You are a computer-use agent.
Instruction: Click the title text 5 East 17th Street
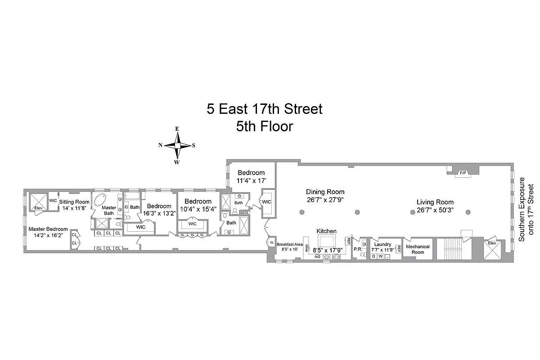click(265, 109)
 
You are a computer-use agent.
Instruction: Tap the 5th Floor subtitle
click(265, 126)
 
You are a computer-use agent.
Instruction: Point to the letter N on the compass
click(160, 145)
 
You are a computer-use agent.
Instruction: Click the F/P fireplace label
click(462, 173)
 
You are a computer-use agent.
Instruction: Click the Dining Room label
click(325, 192)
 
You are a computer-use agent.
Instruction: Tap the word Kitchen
click(326, 231)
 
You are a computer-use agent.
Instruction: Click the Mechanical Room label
click(418, 249)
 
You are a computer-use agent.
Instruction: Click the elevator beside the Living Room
click(493, 249)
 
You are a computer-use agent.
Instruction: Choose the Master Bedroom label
click(48, 229)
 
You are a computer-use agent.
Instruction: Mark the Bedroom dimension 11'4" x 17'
click(251, 181)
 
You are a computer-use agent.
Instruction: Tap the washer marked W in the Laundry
click(380, 256)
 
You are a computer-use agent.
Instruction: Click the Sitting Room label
click(74, 202)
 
